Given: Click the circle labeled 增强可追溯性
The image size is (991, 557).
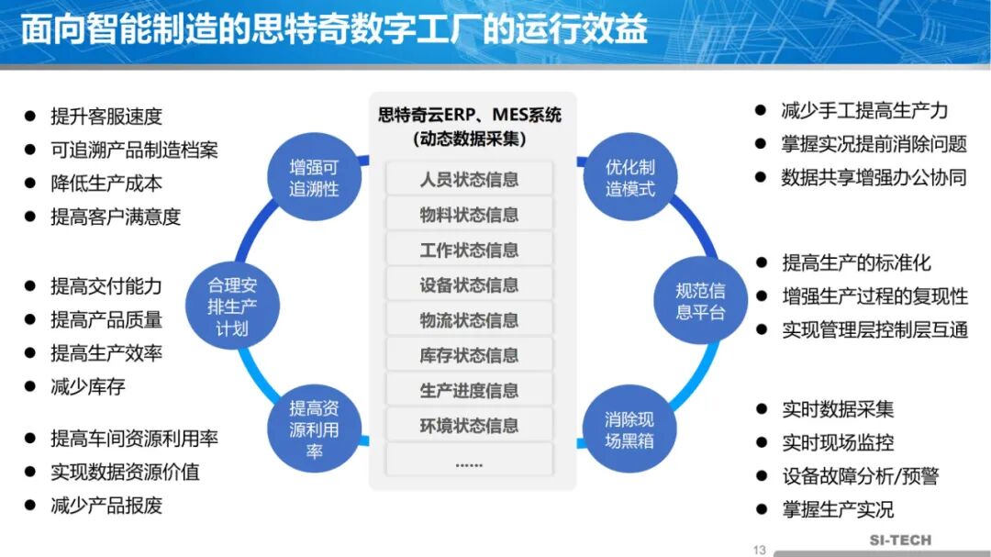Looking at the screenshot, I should tap(314, 179).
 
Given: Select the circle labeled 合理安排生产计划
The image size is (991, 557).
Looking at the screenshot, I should tap(232, 306).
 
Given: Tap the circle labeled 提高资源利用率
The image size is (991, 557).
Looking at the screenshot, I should tap(314, 429).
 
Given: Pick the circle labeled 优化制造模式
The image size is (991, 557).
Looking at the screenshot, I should tap(629, 179).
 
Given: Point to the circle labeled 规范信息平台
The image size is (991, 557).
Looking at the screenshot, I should tap(700, 302).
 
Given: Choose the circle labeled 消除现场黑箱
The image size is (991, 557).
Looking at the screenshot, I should tap(629, 429).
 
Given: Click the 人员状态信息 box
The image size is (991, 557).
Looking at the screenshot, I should tap(469, 180).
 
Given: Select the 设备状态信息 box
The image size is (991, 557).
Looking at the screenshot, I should tap(469, 285).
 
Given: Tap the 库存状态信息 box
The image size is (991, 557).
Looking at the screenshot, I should tap(469, 355).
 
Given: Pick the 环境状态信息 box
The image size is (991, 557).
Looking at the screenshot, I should tap(469, 426).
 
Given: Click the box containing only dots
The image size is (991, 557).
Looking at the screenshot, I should tap(469, 462).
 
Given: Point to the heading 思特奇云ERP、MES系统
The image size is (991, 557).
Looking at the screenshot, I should tap(470, 116).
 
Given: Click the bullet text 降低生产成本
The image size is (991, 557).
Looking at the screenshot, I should tap(106, 184).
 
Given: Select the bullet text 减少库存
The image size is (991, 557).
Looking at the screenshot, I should tap(88, 386).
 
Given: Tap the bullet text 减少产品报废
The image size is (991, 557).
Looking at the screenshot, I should tap(106, 506).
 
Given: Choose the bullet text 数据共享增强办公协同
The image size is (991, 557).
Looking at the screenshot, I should tap(874, 178).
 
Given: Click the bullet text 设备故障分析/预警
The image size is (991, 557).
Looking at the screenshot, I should tap(860, 476).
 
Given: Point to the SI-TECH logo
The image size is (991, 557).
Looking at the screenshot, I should tap(900, 541).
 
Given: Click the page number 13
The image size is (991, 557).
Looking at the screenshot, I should tap(759, 550).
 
